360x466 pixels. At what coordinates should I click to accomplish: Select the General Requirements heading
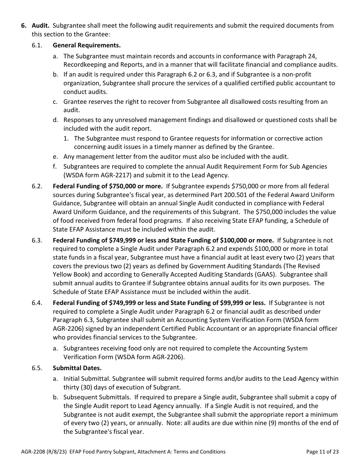click(x=86, y=45)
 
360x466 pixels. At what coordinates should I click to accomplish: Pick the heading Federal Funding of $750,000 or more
click(x=108, y=186)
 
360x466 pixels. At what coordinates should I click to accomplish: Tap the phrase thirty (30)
click(x=78, y=387)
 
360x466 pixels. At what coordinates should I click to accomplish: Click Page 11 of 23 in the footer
click(x=322, y=452)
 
